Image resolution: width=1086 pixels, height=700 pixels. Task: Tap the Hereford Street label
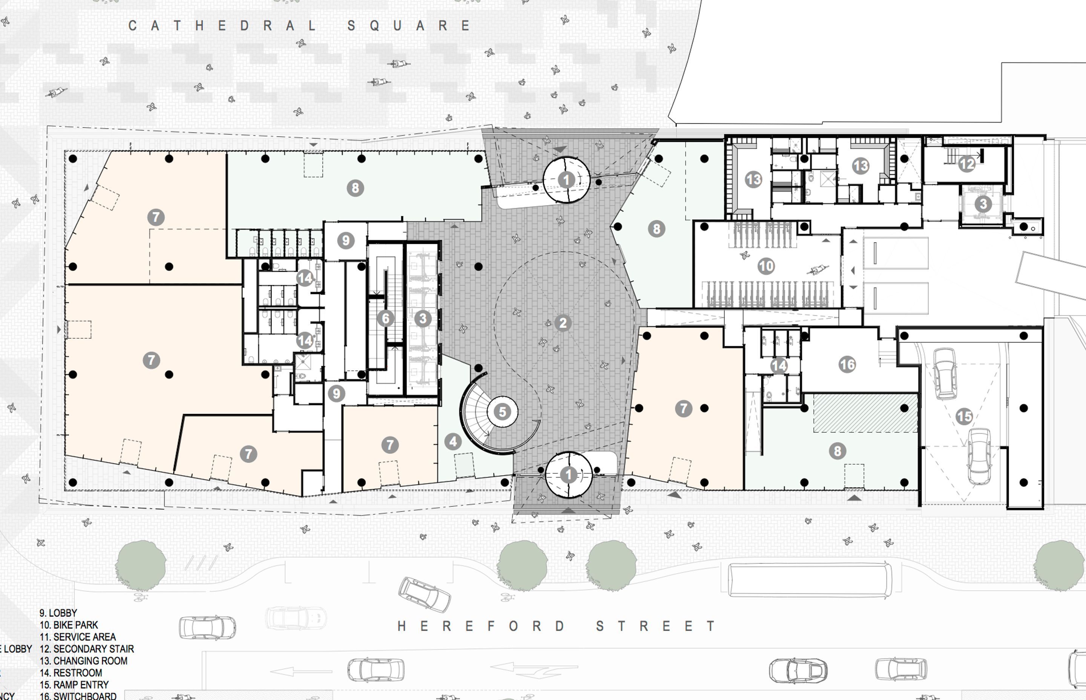pos(556,626)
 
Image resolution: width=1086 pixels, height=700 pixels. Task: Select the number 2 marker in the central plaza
pos(563,323)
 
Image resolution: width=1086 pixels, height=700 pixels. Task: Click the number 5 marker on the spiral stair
pos(502,412)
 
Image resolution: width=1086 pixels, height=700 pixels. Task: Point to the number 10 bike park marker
pos(766,266)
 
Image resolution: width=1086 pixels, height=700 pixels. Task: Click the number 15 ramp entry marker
pos(964,416)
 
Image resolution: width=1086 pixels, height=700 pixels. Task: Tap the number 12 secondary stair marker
pos(966,164)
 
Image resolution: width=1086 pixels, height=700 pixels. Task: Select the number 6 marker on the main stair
pos(386,318)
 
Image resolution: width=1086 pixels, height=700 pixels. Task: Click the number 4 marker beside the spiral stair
pos(452,441)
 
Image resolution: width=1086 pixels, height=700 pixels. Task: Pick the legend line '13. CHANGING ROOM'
pos(84,661)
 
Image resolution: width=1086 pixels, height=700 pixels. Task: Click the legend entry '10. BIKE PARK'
pos(69,625)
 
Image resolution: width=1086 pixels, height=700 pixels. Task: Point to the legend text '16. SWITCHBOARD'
pos(78,696)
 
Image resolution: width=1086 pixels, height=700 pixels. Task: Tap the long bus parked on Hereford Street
pos(810,580)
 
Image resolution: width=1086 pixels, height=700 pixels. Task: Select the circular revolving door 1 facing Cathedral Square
pos(566,180)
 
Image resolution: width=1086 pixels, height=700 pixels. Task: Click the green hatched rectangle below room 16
pos(865,413)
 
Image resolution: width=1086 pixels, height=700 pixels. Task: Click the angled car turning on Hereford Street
pos(424,594)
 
